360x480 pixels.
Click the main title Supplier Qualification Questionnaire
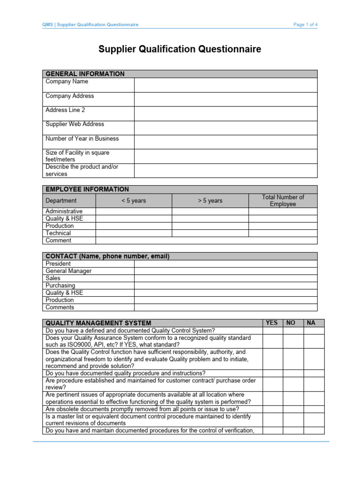(180, 49)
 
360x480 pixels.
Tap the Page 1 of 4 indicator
(305, 25)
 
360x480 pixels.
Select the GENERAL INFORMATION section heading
(85, 74)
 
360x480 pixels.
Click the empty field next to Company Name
(225, 85)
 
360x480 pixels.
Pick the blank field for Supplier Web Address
(225, 127)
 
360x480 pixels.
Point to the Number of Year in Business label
(82, 139)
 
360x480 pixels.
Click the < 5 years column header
(134, 201)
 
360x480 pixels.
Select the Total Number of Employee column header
(283, 201)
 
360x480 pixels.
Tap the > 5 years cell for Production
(210, 226)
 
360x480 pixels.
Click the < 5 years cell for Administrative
(134, 211)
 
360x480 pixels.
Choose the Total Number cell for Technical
(283, 233)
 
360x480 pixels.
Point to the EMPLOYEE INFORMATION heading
(87, 189)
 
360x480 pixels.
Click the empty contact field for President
(225, 264)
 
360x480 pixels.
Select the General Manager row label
(68, 271)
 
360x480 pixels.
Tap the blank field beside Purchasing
(225, 285)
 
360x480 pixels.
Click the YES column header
(271, 323)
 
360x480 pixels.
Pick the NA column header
(310, 323)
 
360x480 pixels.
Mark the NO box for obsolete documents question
(292, 409)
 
